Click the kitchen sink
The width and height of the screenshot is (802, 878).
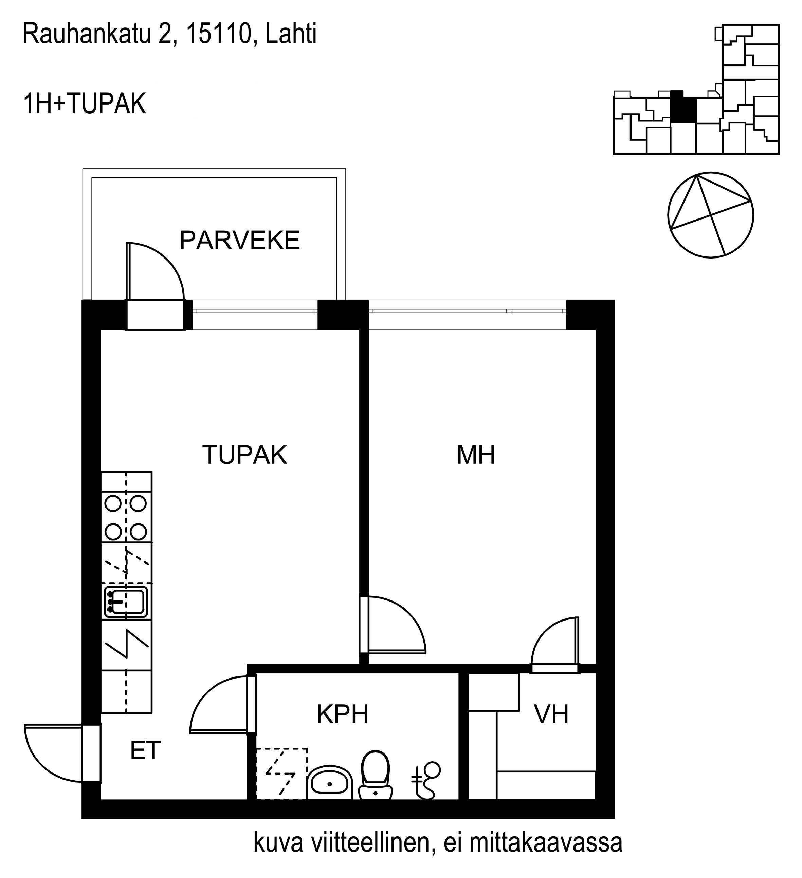tap(126, 602)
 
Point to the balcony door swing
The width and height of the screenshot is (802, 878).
tap(155, 271)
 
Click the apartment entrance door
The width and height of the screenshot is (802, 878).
tap(54, 753)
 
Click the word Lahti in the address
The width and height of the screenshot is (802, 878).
tap(291, 34)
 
